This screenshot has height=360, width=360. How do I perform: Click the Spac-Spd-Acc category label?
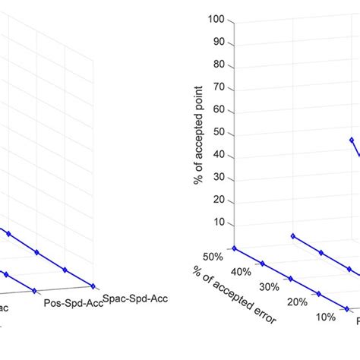tap(134, 298)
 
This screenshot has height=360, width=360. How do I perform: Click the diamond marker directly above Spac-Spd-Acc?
tap(93, 286)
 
